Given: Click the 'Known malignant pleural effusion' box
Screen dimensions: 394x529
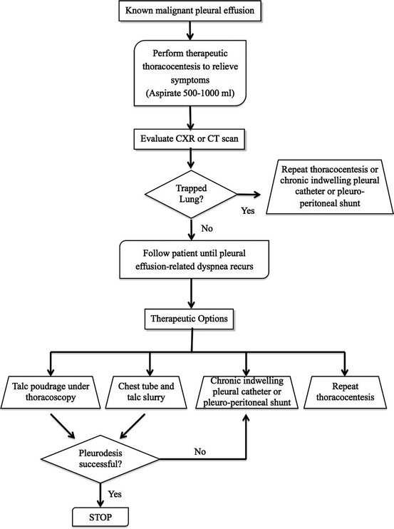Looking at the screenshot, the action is point(190,11).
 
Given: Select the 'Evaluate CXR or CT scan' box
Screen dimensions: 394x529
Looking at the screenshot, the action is point(190,138).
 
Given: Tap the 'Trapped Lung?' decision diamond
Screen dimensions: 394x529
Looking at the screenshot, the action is point(191,195).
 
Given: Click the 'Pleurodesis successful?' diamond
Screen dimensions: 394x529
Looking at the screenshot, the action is point(100,459).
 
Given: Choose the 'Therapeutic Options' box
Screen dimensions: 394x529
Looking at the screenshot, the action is point(189,319).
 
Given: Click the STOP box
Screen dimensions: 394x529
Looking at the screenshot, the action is point(100,517).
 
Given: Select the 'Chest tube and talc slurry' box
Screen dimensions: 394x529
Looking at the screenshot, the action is point(146,392).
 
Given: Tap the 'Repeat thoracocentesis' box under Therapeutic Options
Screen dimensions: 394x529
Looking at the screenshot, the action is point(345,392).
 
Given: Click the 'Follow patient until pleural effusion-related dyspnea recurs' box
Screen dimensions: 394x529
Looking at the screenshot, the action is point(194,260).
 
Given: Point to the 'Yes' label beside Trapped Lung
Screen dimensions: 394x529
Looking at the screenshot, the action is point(248,211).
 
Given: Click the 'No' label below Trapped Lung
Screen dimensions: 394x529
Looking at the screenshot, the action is point(207,229).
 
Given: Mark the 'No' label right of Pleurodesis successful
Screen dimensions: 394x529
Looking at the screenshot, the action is point(200,452).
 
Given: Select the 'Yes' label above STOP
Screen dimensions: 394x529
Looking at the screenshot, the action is point(115,494).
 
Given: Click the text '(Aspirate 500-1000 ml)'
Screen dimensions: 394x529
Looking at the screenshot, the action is point(190,93).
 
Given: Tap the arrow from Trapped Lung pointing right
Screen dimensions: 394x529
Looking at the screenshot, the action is point(249,195).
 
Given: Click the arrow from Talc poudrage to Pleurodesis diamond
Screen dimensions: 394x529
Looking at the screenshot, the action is point(63,426).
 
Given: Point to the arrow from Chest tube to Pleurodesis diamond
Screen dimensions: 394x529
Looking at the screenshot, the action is point(133,426).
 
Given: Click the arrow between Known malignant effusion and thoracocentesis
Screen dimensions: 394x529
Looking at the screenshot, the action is point(190,30).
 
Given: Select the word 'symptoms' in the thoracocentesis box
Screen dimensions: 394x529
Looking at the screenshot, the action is point(190,81).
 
